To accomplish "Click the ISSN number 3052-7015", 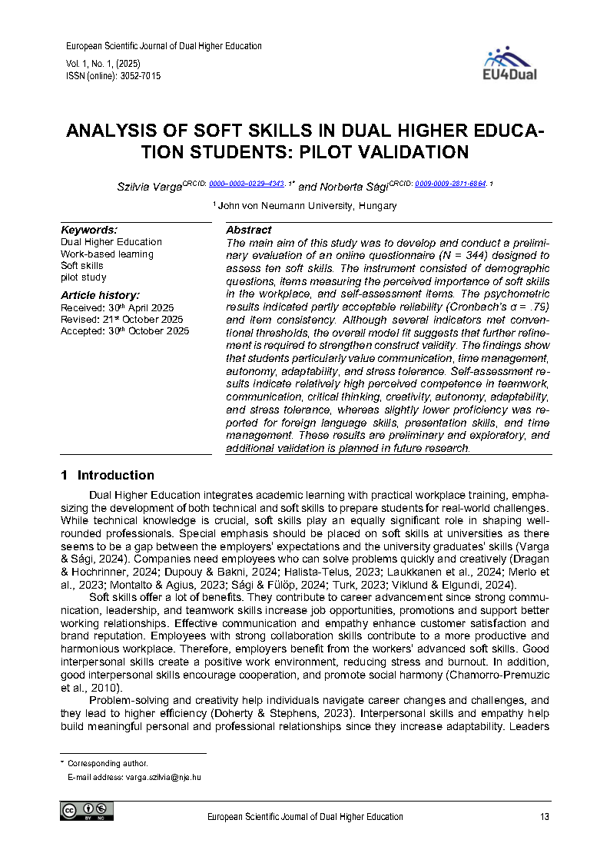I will pyautogui.click(x=140, y=76).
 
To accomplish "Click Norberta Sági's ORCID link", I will pyautogui.click(x=450, y=184).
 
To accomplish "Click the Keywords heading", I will pyautogui.click(x=89, y=230).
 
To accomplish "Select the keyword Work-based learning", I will pyautogui.click(x=107, y=254).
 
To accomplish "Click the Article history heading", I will pyautogui.click(x=100, y=295).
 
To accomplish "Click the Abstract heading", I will pyautogui.click(x=248, y=230).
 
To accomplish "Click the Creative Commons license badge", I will pyautogui.click(x=87, y=811).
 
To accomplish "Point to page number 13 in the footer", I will pyautogui.click(x=545, y=817).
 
